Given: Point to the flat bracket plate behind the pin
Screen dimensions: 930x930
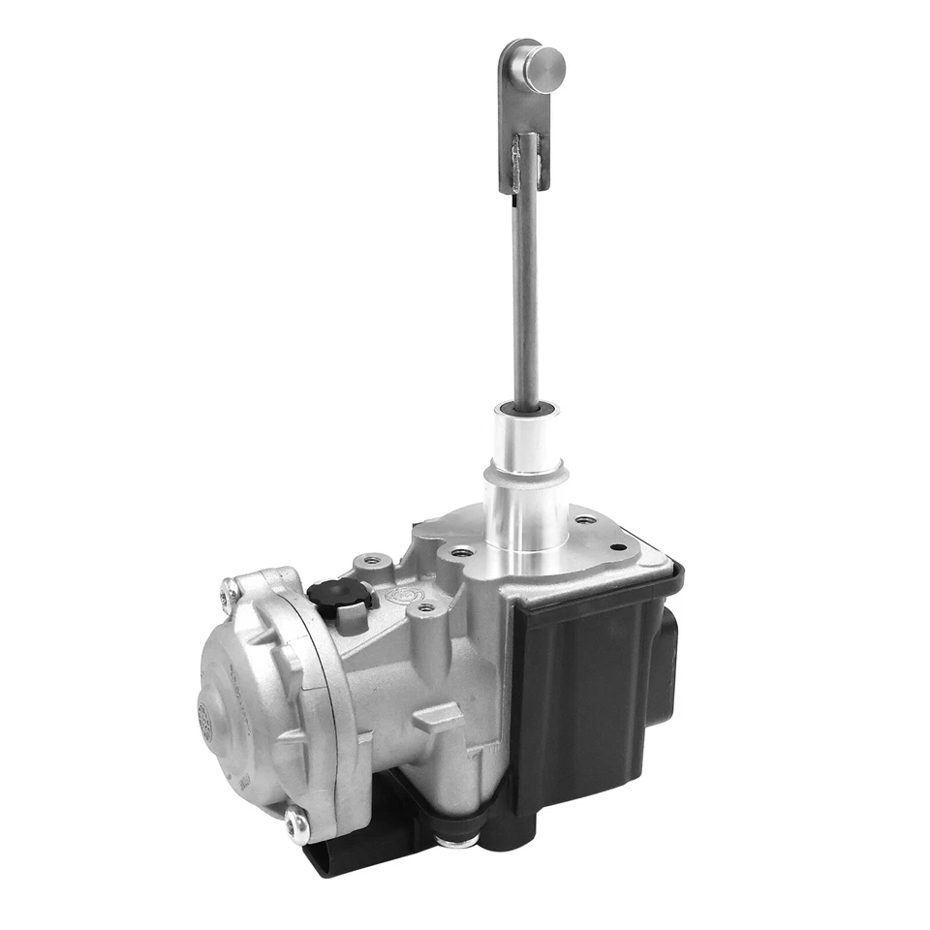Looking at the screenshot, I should [513, 116].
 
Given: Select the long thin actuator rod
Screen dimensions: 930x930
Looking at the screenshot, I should [525, 291].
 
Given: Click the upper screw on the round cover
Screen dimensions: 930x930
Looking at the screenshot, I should [230, 588].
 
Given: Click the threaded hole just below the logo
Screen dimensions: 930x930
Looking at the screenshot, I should [423, 610].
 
